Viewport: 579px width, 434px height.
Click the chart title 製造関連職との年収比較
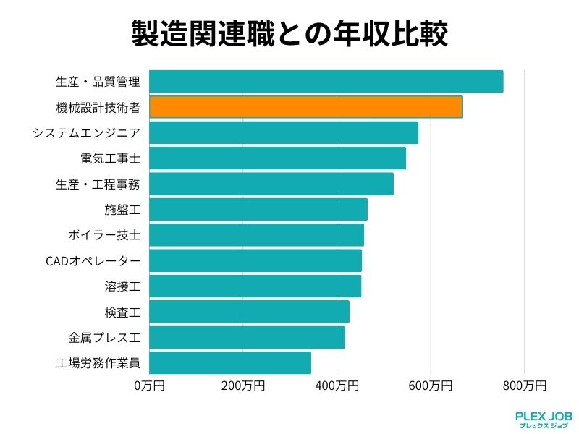coord(289,33)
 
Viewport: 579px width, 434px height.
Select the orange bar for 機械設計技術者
coord(305,107)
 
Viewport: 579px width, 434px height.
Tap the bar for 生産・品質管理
coord(326,82)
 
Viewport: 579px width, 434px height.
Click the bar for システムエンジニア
coord(283,133)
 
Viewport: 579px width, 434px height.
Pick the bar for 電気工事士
coord(277,158)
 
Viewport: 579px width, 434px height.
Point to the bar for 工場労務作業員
coord(230,363)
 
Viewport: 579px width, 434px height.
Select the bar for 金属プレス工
coord(247,338)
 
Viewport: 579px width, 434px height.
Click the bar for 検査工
coord(249,312)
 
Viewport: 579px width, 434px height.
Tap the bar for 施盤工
coord(258,210)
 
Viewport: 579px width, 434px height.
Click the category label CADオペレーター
coord(93,261)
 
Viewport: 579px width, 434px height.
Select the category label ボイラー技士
coord(103,235)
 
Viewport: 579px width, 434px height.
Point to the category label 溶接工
coord(122,286)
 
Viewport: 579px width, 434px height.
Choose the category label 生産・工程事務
coord(98,184)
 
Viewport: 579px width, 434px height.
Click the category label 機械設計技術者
coord(98,108)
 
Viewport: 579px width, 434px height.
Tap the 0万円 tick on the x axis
coord(149,386)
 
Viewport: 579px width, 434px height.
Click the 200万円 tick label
coord(243,386)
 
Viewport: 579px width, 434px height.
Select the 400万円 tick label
coord(337,386)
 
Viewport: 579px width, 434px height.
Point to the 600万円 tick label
coord(431,386)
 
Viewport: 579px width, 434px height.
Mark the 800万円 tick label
coord(524,386)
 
